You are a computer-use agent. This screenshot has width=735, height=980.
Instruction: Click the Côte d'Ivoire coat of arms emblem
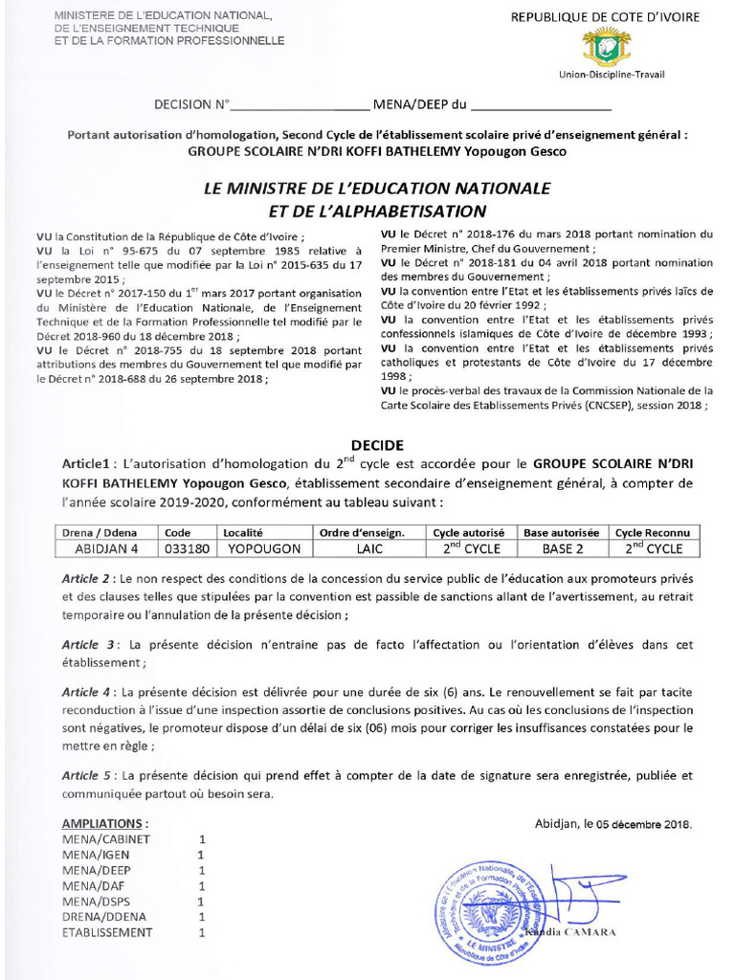click(607, 46)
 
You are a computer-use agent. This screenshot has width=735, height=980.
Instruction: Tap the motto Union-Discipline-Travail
click(612, 75)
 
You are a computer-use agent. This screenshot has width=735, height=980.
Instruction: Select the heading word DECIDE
click(377, 445)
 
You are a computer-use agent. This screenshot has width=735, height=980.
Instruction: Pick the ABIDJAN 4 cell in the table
click(107, 548)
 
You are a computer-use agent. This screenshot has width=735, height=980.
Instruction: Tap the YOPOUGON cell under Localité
click(264, 548)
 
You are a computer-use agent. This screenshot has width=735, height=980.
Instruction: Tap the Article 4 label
click(86, 692)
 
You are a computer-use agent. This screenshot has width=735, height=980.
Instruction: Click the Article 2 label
click(86, 580)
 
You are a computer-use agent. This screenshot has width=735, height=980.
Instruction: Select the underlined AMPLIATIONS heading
click(105, 823)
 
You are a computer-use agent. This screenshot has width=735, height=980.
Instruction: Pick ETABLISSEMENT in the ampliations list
click(107, 932)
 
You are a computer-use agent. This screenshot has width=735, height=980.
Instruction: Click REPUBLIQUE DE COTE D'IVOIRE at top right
click(605, 17)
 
